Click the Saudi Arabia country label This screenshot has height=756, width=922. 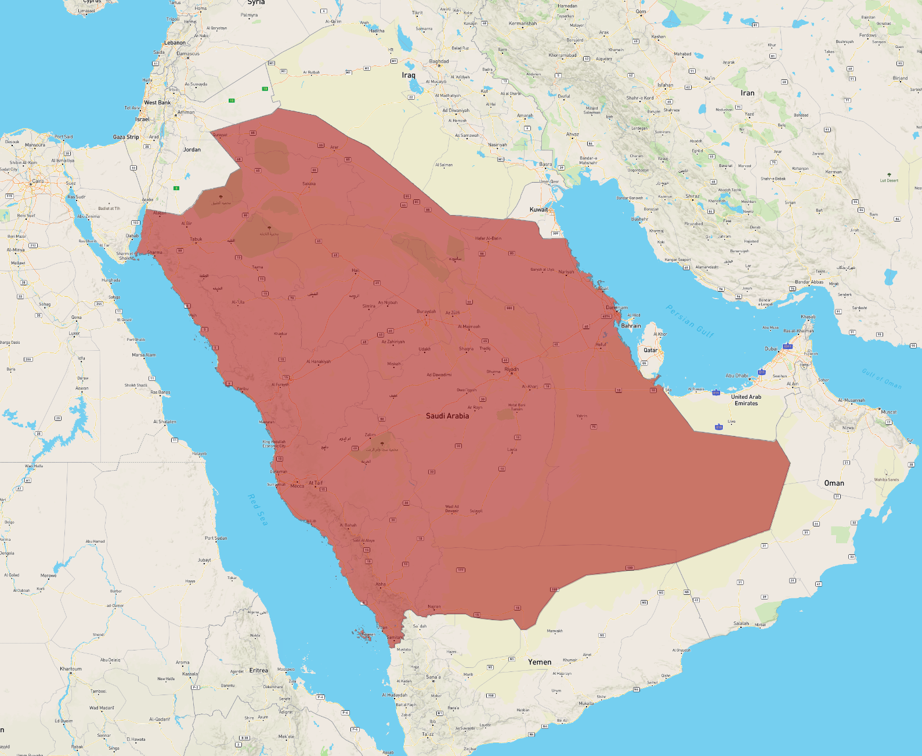point(447,416)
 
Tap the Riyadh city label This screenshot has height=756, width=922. point(511,369)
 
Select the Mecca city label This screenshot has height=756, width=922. point(297,486)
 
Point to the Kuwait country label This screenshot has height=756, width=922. point(538,209)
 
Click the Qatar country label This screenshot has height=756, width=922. point(650,350)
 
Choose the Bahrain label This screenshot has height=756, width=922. point(631,326)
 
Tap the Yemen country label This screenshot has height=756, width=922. point(540,662)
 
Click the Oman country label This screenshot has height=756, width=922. point(834,483)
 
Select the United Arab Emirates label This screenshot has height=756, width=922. point(746,400)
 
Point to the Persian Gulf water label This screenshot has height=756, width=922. point(690,321)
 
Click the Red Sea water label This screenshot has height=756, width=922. point(258,510)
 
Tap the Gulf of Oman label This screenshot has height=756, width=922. point(881,379)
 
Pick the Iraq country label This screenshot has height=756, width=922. point(408,75)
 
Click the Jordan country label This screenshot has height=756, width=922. point(192,150)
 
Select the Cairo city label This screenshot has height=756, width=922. point(38,181)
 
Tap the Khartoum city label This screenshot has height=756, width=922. point(71,669)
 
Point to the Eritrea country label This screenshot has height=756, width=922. point(259,670)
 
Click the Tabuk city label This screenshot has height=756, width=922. point(196,239)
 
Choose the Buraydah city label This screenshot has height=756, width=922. point(426,312)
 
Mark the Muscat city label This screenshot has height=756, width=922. point(888,412)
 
